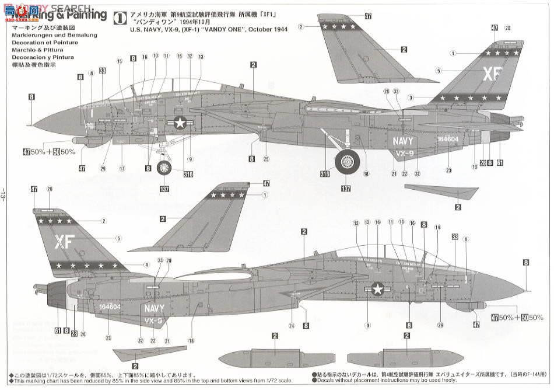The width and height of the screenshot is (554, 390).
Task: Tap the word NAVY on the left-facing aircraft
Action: coord(403,141)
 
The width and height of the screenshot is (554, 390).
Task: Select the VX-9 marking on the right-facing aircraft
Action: coord(153,321)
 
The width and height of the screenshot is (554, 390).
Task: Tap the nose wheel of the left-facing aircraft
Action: coord(164,168)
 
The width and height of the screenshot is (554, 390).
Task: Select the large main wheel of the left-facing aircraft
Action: coord(348,161)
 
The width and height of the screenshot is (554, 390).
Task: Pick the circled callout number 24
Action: coord(290,325)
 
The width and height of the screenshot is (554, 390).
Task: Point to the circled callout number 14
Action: coord(437,227)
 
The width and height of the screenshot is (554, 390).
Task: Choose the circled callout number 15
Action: coord(119,61)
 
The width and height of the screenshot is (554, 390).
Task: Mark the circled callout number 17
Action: coord(122,169)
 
